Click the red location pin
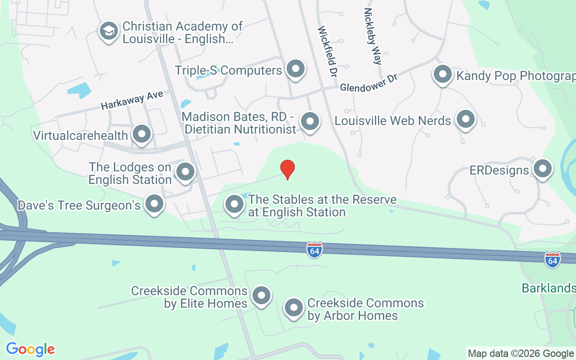coord(288,169)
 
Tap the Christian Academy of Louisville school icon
coord(108,31)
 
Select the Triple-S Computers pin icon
coord(296,69)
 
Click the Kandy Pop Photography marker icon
coord(443,74)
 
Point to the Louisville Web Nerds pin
coord(465,120)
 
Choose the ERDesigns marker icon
coord(542,169)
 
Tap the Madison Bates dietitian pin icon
coord(310,121)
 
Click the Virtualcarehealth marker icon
coord(142,134)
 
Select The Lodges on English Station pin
coord(185,172)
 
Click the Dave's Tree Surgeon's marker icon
coord(154,204)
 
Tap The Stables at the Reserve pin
coord(234,204)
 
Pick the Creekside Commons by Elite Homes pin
coord(261,296)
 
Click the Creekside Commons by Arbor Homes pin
coord(294,308)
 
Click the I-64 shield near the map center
coord(315,250)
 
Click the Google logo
coord(30,349)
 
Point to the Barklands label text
coord(549,288)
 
